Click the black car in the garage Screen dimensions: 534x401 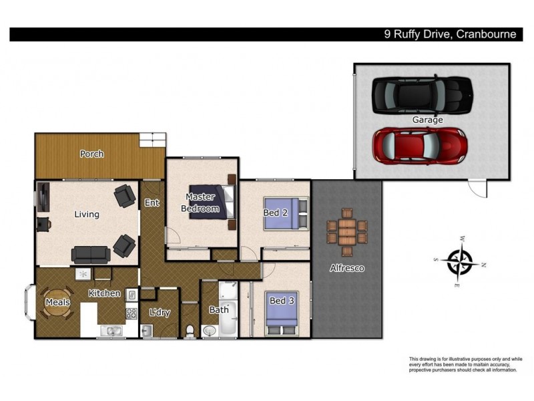coord(423,94)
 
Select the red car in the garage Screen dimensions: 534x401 coord(420,146)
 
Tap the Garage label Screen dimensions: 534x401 coord(427,120)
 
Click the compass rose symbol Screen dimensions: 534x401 coord(460,261)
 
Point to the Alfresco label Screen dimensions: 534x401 coord(347,268)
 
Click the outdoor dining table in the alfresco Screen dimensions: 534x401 coord(347,232)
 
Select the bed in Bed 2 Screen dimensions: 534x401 coord(286,213)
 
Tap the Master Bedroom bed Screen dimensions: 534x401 coord(212,202)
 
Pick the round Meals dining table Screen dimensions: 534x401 coord(57,303)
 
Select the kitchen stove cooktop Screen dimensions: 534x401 coord(131,313)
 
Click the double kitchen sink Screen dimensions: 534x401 coord(111,331)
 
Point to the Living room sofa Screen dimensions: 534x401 coord(91,255)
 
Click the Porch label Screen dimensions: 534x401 coord(92,154)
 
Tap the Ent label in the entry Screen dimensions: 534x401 coord(152,203)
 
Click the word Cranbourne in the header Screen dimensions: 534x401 coord(486,34)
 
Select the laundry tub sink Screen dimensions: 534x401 coord(147,331)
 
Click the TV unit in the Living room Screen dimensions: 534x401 coord(43,197)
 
